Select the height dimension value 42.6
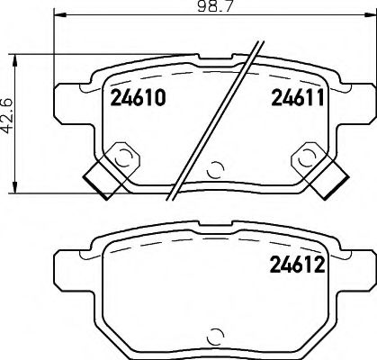pyautogui.click(x=8, y=116)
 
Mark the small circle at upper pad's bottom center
pyautogui.click(x=214, y=168)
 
